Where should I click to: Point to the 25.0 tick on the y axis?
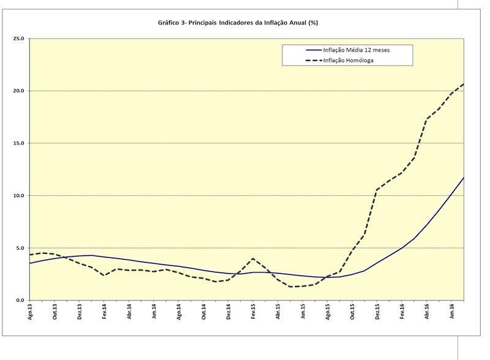pyautogui.click(x=18, y=39)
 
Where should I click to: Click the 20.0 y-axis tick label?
pyautogui.click(x=18, y=91)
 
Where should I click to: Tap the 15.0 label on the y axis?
pyautogui.click(x=18, y=143)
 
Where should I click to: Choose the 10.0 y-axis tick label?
pyautogui.click(x=18, y=196)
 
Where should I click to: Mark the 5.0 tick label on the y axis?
pyautogui.click(x=20, y=248)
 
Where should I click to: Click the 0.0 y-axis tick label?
pyautogui.click(x=20, y=301)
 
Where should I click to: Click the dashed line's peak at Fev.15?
pyautogui.click(x=253, y=258)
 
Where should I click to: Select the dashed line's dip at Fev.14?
pyautogui.click(x=104, y=276)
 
